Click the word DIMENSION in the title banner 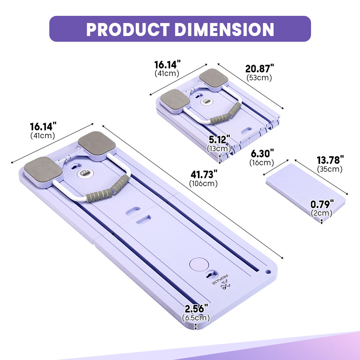tap(224, 30)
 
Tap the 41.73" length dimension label tap(204, 175)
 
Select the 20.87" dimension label tap(260, 69)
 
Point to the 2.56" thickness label tap(196, 309)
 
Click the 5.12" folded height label tap(219, 139)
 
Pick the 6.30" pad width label tap(262, 153)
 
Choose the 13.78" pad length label tap(330, 160)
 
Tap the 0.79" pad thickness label tap(322, 204)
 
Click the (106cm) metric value tap(203, 184)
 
